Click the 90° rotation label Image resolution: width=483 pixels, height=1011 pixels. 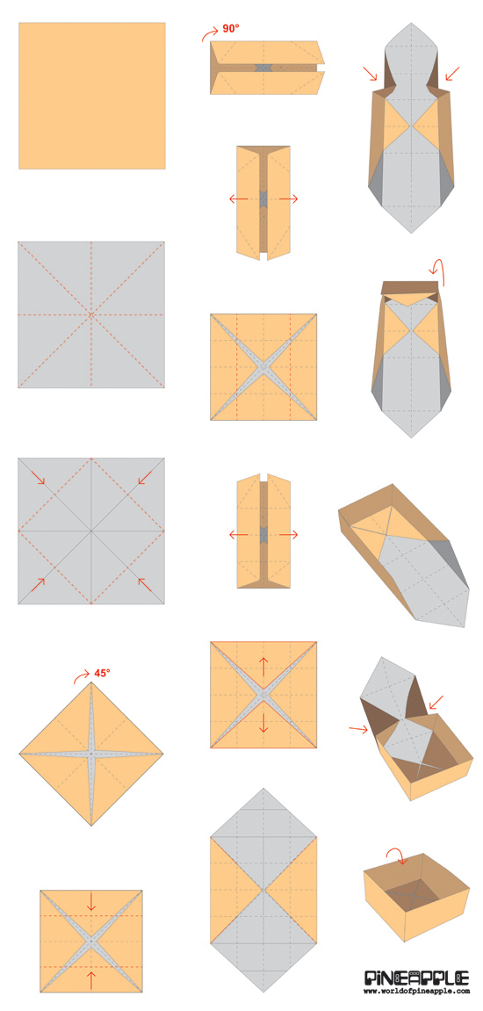(231, 29)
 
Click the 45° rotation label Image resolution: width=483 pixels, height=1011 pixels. (103, 673)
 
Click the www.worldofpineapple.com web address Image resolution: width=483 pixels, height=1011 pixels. (416, 992)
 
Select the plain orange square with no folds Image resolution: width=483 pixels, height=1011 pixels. (91, 95)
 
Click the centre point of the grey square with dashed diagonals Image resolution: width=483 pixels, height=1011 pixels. (91, 314)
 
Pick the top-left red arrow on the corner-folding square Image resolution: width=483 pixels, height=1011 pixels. (39, 478)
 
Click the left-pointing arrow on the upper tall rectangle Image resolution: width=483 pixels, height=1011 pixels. (238, 199)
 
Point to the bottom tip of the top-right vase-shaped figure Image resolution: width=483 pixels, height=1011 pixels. (411, 233)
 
